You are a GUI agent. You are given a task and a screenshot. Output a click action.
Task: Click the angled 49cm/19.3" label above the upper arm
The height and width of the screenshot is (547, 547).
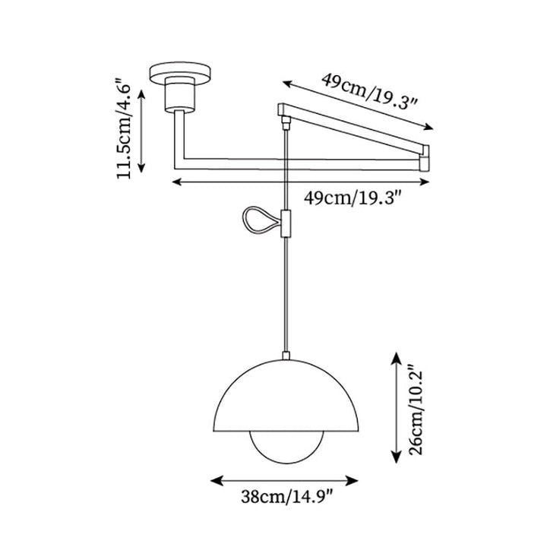pyautogui.click(x=371, y=90)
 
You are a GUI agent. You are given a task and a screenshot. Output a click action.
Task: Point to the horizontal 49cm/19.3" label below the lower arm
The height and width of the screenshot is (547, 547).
pyautogui.click(x=352, y=199)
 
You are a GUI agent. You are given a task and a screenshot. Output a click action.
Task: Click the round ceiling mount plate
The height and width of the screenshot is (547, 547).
pyautogui.click(x=182, y=73)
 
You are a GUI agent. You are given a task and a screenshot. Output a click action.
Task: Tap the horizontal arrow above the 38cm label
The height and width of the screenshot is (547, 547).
pyautogui.click(x=284, y=480)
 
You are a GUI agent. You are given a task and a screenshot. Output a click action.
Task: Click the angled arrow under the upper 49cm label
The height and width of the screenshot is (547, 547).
pyautogui.click(x=357, y=104)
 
